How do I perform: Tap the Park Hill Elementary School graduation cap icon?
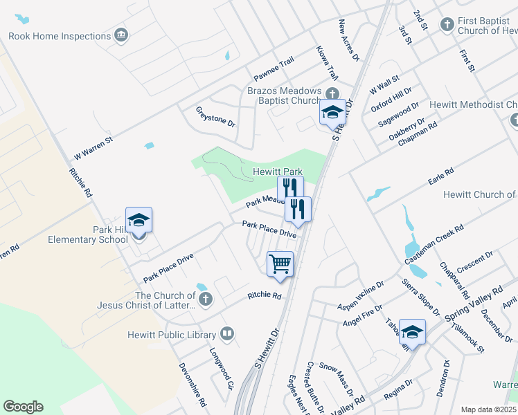[139, 221]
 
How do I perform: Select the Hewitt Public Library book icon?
[226, 335]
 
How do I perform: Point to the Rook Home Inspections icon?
[122, 35]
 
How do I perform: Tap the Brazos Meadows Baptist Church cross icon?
[332, 93]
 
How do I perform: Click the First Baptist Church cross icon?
[447, 25]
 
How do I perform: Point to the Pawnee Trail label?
[274, 67]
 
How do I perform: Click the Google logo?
[23, 407]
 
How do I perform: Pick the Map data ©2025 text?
[488, 409]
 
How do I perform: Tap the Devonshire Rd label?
[193, 383]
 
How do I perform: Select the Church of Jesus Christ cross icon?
[204, 299]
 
